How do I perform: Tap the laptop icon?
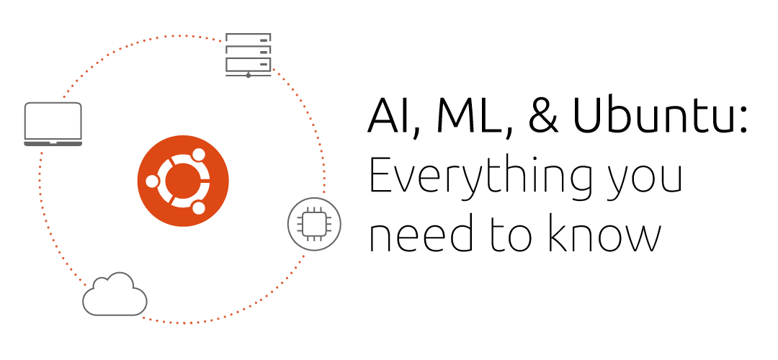coord(53,124)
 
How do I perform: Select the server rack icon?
coord(249,53)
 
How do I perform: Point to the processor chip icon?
coord(310,222)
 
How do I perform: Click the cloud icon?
coord(115,295)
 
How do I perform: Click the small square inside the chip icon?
coord(310,222)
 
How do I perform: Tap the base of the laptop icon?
coord(53,144)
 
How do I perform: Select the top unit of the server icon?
coord(249,38)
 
